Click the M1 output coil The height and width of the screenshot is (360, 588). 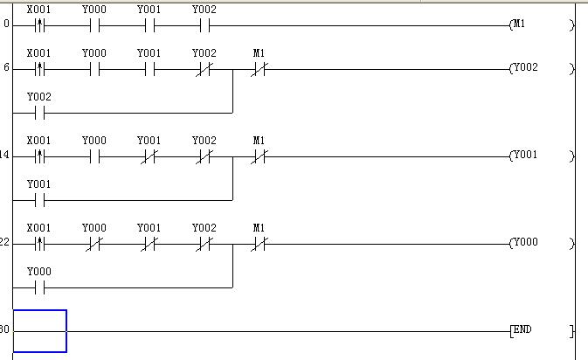(x=519, y=24)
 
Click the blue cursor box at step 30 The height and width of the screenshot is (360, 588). (x=39, y=331)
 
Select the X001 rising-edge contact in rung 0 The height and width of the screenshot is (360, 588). (x=39, y=24)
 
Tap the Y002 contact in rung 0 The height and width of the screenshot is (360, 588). (x=204, y=24)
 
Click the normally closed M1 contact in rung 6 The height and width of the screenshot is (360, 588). (x=259, y=68)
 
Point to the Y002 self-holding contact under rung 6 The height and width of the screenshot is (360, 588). (x=39, y=113)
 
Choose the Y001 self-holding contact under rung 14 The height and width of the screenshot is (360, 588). (x=39, y=200)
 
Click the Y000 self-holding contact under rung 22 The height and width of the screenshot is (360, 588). (x=39, y=287)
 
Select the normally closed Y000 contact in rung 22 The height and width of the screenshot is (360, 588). (x=94, y=243)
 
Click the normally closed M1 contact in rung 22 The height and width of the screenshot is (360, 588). (x=259, y=243)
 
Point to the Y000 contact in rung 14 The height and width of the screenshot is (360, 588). (x=94, y=156)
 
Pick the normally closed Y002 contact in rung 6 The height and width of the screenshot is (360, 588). (x=204, y=68)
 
